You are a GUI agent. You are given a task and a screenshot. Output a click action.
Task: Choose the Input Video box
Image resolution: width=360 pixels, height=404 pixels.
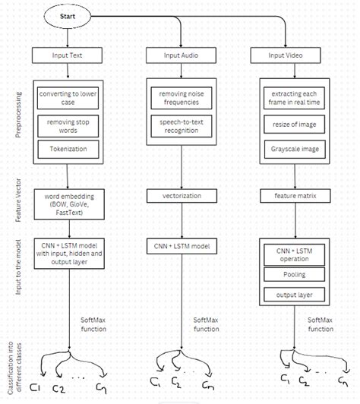[292, 55]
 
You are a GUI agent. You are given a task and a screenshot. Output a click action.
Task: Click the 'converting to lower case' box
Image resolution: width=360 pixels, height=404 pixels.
[68, 97]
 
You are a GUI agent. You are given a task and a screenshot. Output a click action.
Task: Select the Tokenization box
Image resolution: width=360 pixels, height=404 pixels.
[68, 150]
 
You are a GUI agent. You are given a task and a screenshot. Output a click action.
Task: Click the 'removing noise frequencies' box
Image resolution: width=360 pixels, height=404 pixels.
[179, 97]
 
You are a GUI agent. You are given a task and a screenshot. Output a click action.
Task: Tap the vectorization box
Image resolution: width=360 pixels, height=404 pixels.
[179, 195]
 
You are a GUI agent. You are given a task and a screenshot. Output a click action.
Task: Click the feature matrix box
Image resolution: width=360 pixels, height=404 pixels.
[292, 195]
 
